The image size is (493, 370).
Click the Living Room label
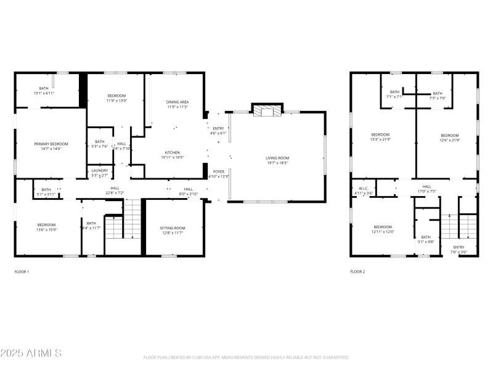277,160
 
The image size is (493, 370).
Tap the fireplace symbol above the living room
266,110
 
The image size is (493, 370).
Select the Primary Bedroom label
51,146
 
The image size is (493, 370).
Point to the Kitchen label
172,155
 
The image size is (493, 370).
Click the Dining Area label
176,104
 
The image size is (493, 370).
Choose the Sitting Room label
173,230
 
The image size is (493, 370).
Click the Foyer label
219,174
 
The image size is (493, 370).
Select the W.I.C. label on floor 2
363,191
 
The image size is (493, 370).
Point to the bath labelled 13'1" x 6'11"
44,91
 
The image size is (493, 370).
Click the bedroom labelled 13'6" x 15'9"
46,227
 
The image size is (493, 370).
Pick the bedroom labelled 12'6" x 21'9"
449,138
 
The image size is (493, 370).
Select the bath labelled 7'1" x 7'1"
394,94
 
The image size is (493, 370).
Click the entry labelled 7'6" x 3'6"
459,249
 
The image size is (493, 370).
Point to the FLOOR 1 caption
22,271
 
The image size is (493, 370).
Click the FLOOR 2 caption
357,271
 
